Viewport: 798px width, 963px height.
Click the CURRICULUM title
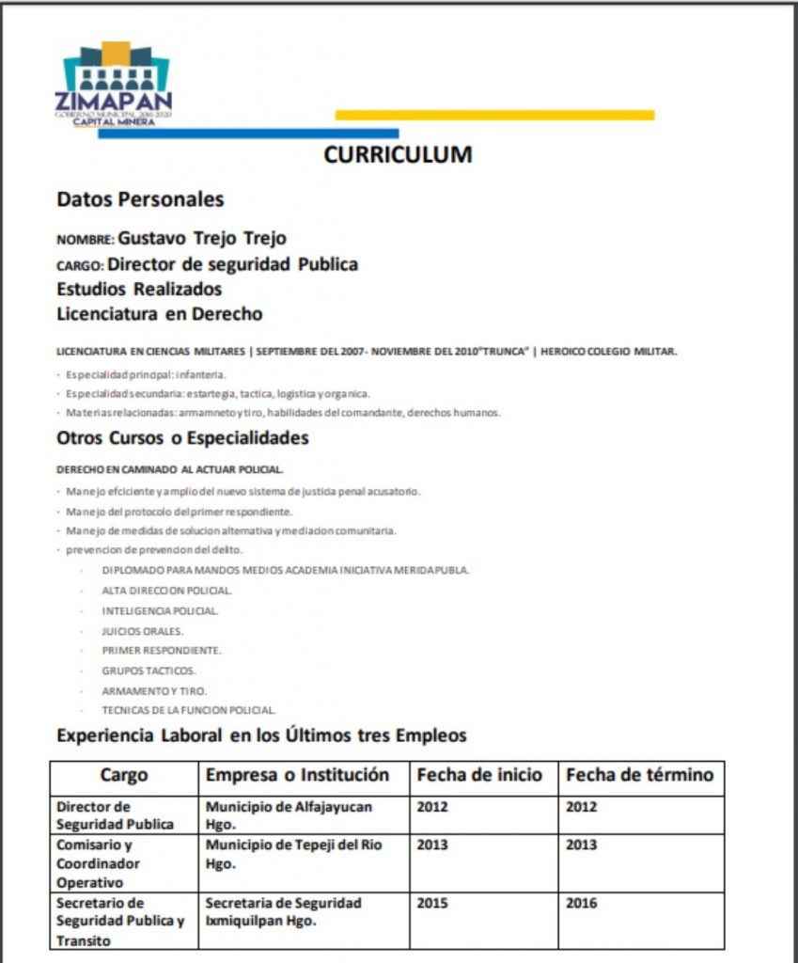[x=398, y=155]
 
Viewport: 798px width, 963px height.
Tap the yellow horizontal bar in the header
[x=494, y=115]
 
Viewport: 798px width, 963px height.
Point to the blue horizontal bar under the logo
[x=248, y=134]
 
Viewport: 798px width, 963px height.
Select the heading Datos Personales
[x=140, y=199]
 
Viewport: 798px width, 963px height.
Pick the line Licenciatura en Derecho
[x=159, y=313]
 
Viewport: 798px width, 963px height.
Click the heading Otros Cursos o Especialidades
[x=182, y=437]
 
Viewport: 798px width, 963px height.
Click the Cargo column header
[x=124, y=776]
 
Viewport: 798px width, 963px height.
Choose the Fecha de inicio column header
[x=479, y=776]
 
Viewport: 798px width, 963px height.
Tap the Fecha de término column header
[x=639, y=776]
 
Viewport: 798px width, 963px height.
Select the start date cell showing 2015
[x=432, y=903]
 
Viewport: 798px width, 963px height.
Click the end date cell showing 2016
[x=581, y=903]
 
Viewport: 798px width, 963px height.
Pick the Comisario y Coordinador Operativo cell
[x=98, y=863]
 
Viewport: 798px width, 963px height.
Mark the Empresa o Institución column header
[x=297, y=776]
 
